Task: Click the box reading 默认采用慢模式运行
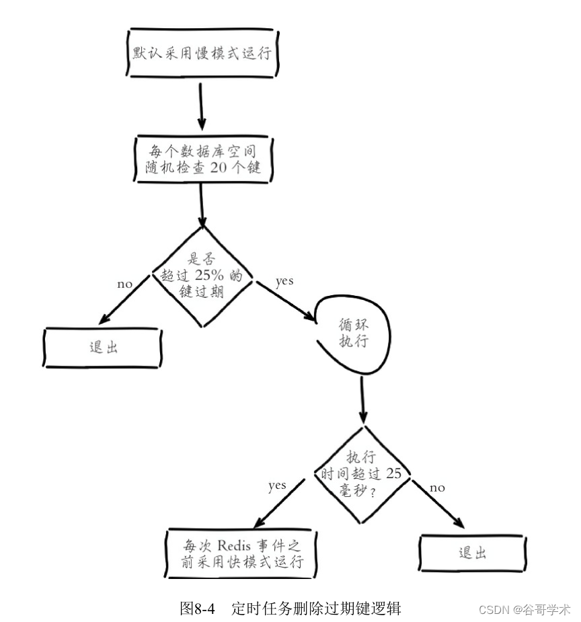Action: [x=202, y=52]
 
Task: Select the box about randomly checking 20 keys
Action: [x=202, y=159]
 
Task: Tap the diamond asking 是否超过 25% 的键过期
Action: [x=202, y=276]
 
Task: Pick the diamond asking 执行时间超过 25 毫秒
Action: [x=363, y=473]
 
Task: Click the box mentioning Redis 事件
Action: [x=242, y=553]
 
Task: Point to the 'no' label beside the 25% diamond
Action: [x=125, y=284]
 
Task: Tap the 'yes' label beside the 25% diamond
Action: [x=284, y=281]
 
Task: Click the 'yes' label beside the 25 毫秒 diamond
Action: [x=277, y=485]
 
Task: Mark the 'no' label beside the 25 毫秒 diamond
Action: [x=437, y=488]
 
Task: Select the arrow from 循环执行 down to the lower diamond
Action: [x=363, y=399]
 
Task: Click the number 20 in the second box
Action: [x=219, y=167]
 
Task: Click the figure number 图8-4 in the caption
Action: [x=198, y=609]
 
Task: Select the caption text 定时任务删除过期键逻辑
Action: [x=316, y=609]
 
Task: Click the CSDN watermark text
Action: [x=494, y=609]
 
